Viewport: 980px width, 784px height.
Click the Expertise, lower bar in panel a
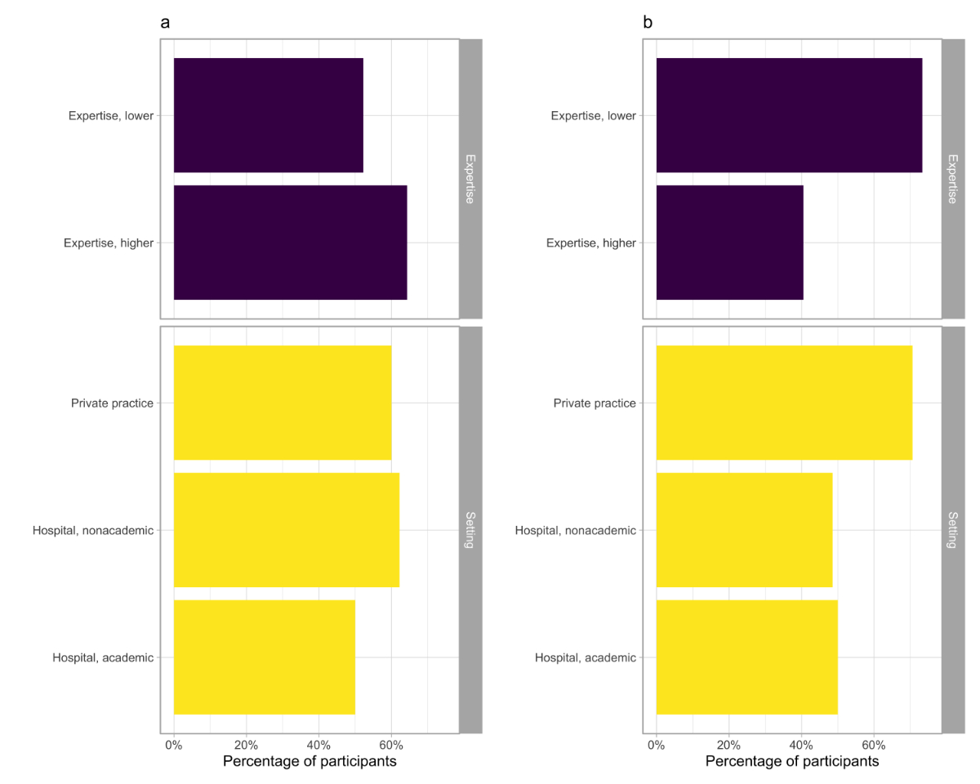268,115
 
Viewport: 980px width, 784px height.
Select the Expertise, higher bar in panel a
290,243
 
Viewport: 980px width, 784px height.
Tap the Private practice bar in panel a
283,403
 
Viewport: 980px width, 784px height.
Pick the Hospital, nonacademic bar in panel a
286,530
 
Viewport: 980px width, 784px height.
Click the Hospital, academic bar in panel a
264,657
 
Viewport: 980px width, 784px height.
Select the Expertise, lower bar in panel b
789,115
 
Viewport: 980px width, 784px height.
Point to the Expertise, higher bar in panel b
729,243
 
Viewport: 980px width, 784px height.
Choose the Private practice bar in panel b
784,403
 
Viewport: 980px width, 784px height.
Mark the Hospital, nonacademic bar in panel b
744,530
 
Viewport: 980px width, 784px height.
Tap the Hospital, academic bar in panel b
746,657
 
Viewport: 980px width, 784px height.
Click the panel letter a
165,23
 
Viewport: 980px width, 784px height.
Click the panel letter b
648,23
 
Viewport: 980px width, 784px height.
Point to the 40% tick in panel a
318,745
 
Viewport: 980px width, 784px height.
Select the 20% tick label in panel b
728,745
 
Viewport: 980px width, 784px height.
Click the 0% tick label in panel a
174,745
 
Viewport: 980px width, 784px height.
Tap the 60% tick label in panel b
874,745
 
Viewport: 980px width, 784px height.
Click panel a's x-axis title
310,762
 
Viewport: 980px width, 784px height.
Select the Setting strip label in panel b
953,530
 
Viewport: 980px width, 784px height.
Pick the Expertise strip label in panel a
470,179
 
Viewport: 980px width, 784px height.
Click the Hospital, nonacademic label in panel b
575,531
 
